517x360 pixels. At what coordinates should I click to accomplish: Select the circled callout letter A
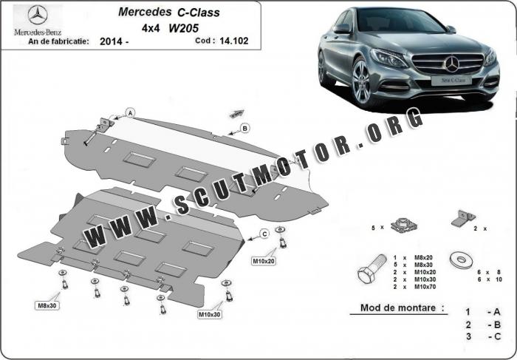130,112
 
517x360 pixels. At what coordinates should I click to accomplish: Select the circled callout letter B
244,129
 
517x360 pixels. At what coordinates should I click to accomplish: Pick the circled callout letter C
264,234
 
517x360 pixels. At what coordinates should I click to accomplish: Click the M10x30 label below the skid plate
210,314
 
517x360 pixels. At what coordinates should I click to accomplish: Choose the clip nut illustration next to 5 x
403,224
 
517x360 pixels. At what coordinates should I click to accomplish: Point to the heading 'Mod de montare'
402,308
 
